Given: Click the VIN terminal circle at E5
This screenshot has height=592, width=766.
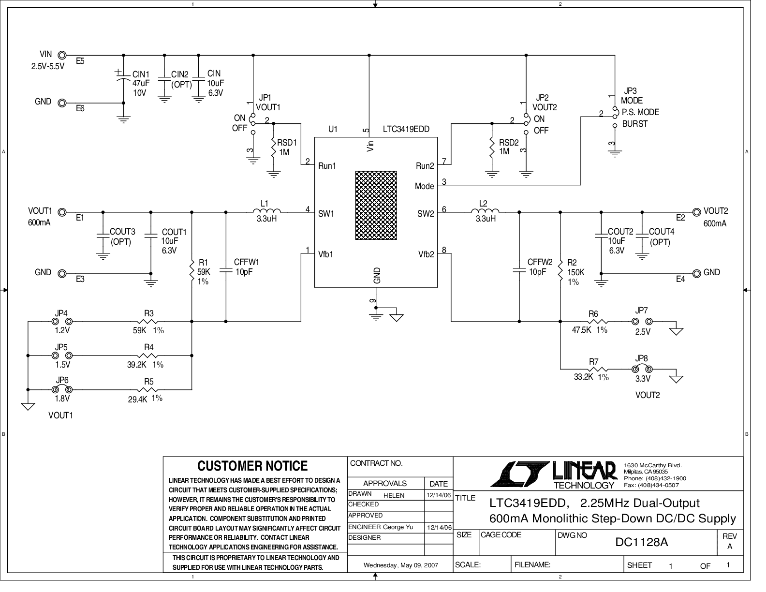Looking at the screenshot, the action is point(62,55).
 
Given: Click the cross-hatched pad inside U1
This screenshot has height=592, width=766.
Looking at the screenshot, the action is point(376,206).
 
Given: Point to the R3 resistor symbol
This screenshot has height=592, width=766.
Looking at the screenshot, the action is point(147,321).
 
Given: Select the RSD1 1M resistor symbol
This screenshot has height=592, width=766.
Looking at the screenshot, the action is point(274,148).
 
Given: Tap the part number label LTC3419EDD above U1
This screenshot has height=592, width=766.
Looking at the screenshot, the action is point(406,129).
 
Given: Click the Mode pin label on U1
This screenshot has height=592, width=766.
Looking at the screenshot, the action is point(425,186).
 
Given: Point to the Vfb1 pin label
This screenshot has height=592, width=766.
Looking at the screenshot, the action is point(326,254).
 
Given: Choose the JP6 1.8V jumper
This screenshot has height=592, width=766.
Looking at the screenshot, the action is point(62,389).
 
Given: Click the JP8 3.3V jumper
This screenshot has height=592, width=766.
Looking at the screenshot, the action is point(642,369).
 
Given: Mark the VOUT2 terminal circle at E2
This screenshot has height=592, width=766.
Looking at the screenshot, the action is point(696,212).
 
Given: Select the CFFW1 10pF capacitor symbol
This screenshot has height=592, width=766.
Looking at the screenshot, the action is point(226,270).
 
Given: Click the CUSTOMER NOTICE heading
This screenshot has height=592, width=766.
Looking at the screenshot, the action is point(252,466).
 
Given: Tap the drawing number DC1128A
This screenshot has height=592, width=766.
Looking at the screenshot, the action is point(642,542).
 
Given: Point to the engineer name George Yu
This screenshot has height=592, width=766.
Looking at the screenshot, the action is point(398,527).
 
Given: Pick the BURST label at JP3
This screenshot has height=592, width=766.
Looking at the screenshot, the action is point(635,124).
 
